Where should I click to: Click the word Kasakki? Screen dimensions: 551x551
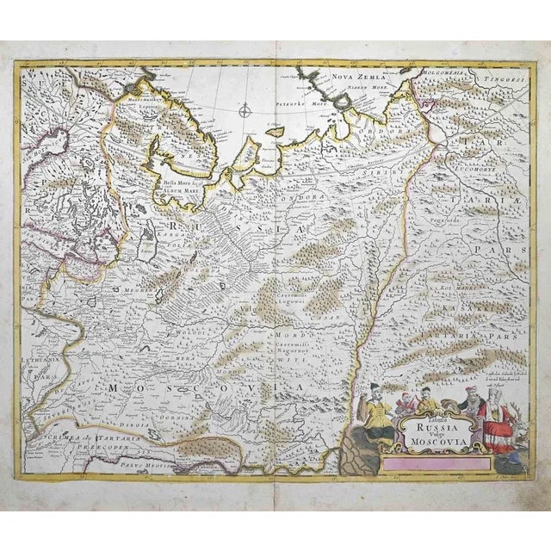pyautogui.click(x=483, y=305)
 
